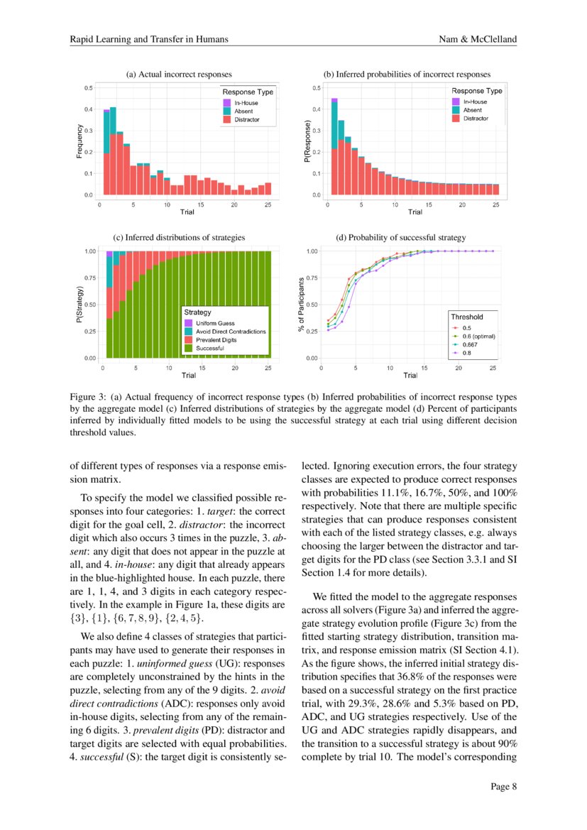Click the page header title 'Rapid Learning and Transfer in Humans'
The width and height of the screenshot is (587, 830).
pos(148,39)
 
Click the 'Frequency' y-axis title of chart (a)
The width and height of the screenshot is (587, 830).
pos(79,141)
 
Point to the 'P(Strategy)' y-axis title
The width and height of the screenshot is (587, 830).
pos(79,306)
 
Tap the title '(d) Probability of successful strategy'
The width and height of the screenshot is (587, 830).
pos(400,237)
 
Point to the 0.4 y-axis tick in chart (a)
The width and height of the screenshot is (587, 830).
pos(89,109)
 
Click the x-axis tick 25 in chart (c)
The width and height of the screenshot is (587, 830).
pos(268,368)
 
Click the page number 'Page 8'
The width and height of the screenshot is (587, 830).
pos(503,787)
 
